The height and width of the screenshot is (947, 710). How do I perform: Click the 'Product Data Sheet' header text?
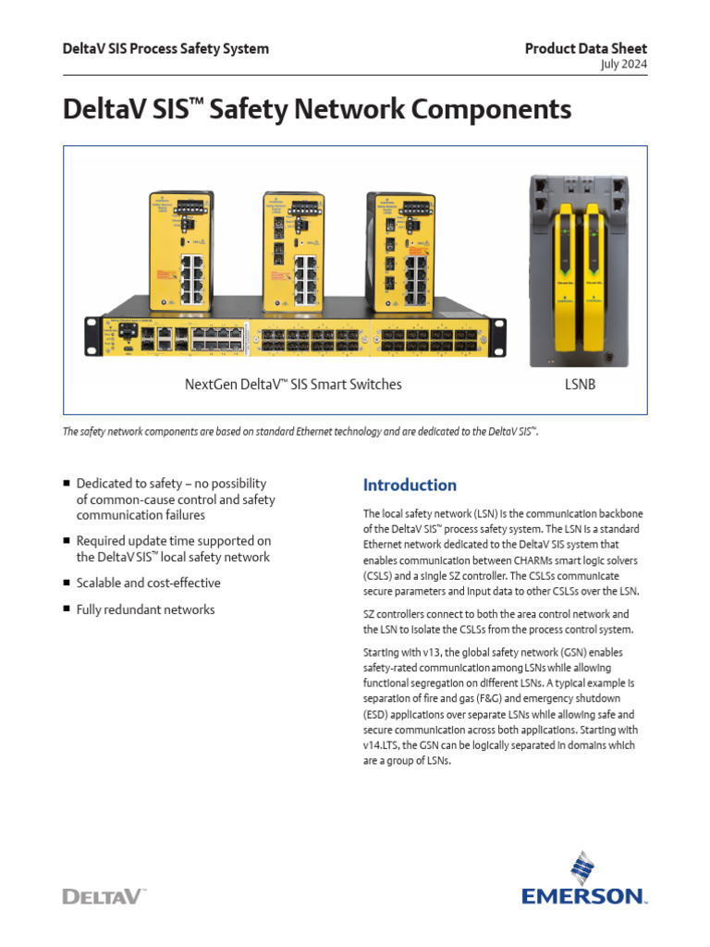coord(585,49)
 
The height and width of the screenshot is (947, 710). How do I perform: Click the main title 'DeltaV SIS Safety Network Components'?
coord(317,110)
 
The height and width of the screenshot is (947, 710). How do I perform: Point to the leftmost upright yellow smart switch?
coord(181,249)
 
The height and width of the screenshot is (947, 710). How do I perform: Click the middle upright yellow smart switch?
coord(293,251)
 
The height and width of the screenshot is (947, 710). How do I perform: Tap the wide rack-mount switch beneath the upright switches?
coord(296,335)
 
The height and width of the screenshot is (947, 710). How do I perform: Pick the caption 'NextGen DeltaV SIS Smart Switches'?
coord(294,384)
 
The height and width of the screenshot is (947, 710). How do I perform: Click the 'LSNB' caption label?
coord(580,384)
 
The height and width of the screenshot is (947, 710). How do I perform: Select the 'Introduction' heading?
coord(410,486)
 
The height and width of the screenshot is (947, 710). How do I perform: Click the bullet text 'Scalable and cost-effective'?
coord(148,584)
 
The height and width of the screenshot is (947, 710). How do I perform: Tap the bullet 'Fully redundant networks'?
coord(145,609)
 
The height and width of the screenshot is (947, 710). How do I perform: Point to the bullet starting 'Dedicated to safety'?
coord(175,499)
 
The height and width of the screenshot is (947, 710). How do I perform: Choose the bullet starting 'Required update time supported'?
coord(173,549)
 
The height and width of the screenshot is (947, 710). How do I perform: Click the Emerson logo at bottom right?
coord(582,879)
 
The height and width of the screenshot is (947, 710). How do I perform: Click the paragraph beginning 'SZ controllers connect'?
coord(495,621)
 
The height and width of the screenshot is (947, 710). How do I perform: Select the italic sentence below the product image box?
coord(300,432)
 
